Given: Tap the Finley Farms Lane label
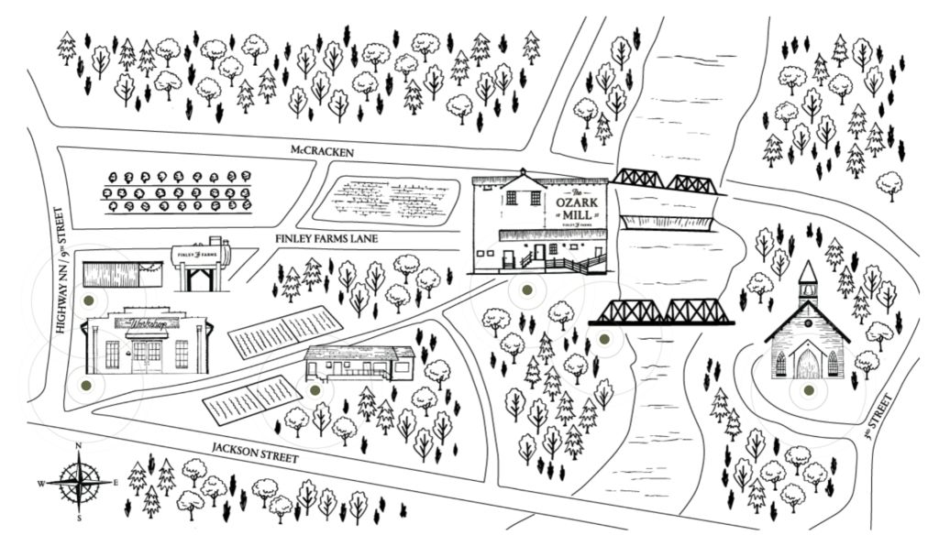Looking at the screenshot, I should coord(326,239).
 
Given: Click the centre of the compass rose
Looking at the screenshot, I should coord(80,480).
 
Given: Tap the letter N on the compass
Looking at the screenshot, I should coord(80,446).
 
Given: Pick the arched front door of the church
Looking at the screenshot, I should coord(807,366).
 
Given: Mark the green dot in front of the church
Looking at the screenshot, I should coord(808,391).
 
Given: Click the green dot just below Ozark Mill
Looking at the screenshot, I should coord(526,290).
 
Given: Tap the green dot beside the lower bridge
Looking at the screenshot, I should coord(603,340).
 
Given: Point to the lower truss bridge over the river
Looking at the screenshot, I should coord(662,312).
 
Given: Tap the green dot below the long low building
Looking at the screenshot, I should coord(315,390).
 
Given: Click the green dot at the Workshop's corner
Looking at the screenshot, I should coord(86,387).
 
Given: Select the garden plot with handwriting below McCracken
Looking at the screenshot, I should coord(385,198).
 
